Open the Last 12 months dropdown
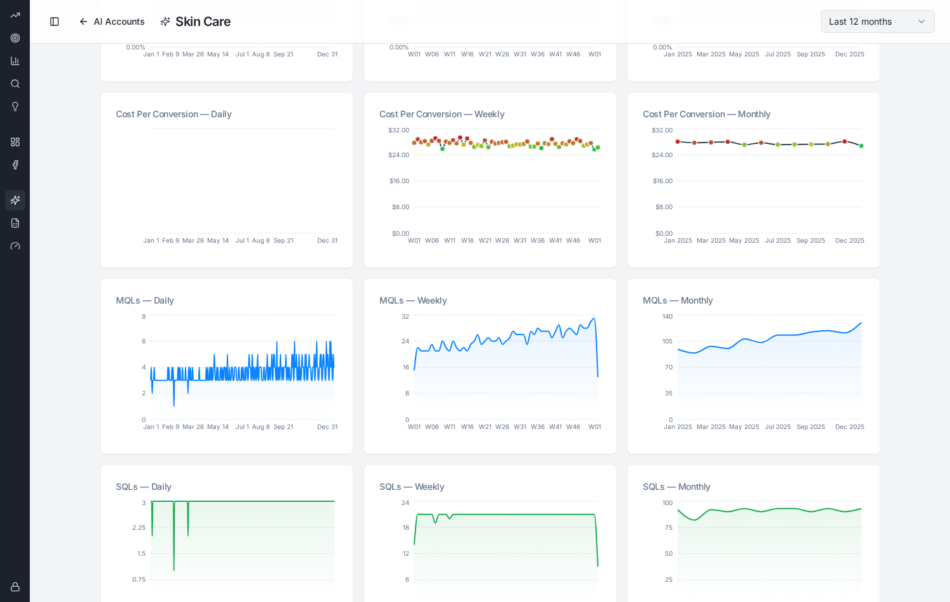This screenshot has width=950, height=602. tap(877, 22)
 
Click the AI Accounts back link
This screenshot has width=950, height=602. tap(112, 22)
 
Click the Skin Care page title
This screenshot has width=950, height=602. tap(203, 22)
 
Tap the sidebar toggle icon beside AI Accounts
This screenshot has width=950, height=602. tap(54, 22)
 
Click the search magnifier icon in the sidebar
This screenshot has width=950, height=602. tap(15, 84)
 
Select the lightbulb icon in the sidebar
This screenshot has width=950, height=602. tap(15, 106)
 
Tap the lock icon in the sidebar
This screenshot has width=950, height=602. tap(15, 587)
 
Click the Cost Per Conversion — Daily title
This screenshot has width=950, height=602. tap(174, 114)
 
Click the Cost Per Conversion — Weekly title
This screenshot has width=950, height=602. tap(441, 114)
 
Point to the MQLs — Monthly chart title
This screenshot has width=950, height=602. tap(677, 300)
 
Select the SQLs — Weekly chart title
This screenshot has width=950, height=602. tap(412, 487)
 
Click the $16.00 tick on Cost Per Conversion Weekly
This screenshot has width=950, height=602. tap(399, 181)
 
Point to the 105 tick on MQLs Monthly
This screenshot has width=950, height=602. tap(667, 341)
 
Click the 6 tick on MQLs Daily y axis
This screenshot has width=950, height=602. tap(144, 341)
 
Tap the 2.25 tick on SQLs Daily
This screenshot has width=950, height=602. tap(139, 527)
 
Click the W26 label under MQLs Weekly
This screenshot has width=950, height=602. tap(502, 427)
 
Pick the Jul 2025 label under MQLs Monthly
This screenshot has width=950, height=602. tap(778, 427)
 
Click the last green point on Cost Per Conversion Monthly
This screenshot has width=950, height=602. tap(861, 146)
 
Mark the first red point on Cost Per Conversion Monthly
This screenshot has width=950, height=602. tap(678, 142)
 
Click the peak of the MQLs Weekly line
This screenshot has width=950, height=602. tap(594, 318)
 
